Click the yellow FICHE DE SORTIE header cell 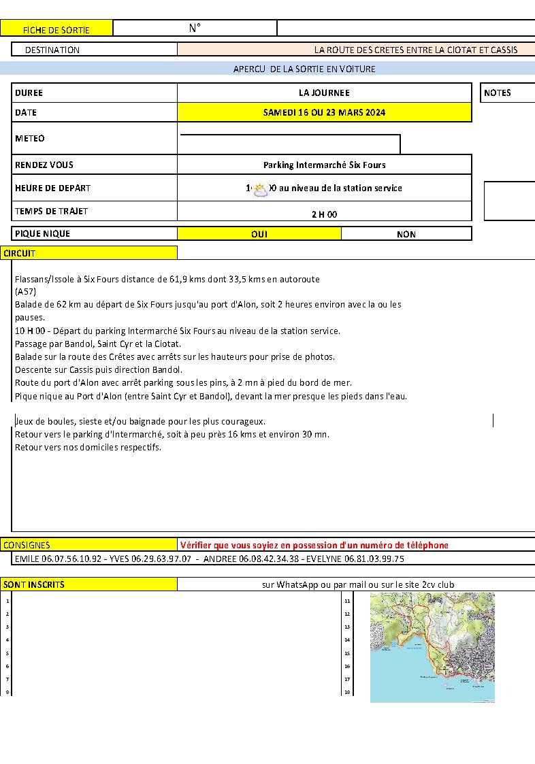(56, 29)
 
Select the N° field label (195, 28)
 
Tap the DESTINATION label (52, 50)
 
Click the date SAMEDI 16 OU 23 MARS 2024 (324, 112)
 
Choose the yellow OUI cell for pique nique (259, 234)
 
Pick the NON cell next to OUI (406, 234)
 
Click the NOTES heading (498, 93)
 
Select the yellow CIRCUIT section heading (20, 253)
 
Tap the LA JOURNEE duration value (324, 93)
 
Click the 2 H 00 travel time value (324, 214)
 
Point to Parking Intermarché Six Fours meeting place (324, 165)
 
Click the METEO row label (30, 139)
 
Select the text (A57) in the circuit (26, 291)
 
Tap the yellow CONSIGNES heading (27, 545)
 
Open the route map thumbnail (432, 647)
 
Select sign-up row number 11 (347, 601)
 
